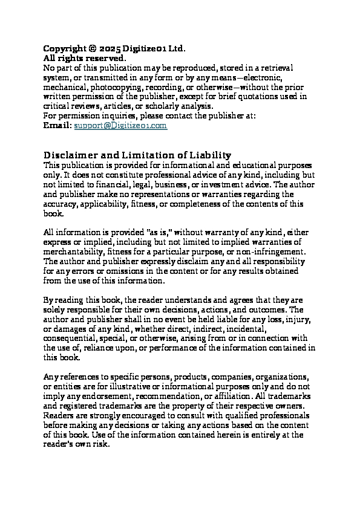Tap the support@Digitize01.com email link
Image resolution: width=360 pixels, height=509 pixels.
point(120,126)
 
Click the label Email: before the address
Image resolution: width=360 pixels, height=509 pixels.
point(57,126)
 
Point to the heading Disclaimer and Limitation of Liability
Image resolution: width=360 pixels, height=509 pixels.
point(137,155)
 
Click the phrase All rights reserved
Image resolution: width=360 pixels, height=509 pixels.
point(84,58)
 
